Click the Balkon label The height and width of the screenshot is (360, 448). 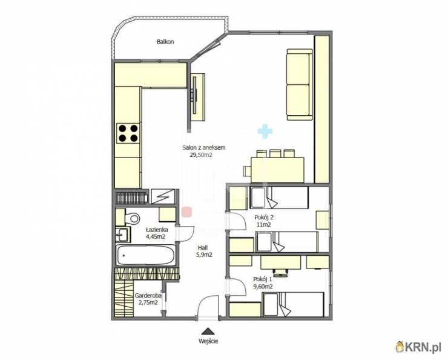tap(165, 42)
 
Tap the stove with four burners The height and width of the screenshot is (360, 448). tap(128, 133)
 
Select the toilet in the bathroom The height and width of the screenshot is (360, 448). tap(133, 218)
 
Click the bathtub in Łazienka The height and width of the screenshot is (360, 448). tap(145, 255)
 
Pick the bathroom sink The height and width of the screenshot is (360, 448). tap(122, 235)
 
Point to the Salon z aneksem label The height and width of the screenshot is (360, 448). tap(204, 147)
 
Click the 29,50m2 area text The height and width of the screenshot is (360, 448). tap(201, 155)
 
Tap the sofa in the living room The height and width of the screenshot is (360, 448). tap(299, 84)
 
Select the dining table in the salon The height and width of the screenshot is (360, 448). tap(277, 170)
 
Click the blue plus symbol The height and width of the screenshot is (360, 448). tap(265, 132)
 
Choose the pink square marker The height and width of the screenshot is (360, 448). tap(187, 212)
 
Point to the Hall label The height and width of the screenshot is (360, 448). tap(203, 248)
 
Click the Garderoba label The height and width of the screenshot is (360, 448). tap(148, 295)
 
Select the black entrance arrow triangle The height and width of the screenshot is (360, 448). tap(209, 331)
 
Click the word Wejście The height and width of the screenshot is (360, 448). tap(209, 341)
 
